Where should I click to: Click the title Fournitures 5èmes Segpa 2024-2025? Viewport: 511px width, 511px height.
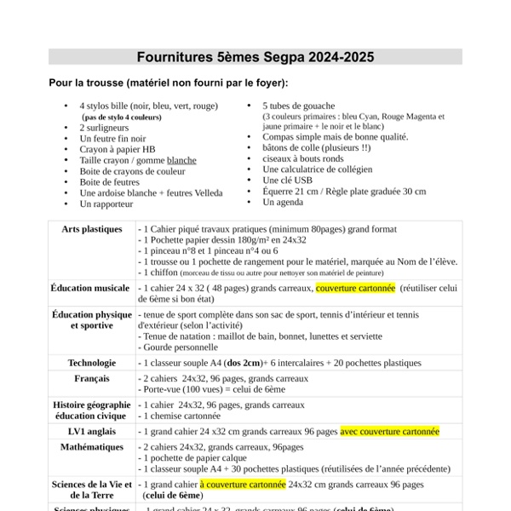tap(255, 58)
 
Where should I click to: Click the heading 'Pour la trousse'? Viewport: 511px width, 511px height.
tap(169, 83)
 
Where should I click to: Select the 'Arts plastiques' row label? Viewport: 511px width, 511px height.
tap(91, 230)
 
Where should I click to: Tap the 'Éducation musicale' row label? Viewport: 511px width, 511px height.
tap(91, 289)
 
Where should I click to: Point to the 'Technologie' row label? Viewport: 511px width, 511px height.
tap(91, 363)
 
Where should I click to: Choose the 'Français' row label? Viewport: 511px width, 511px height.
tap(91, 378)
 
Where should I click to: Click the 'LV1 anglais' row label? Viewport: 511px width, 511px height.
tap(91, 432)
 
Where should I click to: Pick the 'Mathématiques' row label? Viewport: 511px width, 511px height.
tap(91, 446)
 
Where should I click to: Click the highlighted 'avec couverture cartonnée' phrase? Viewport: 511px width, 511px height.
tap(389, 432)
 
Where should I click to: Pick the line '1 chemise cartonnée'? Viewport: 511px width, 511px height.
tap(181, 416)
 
